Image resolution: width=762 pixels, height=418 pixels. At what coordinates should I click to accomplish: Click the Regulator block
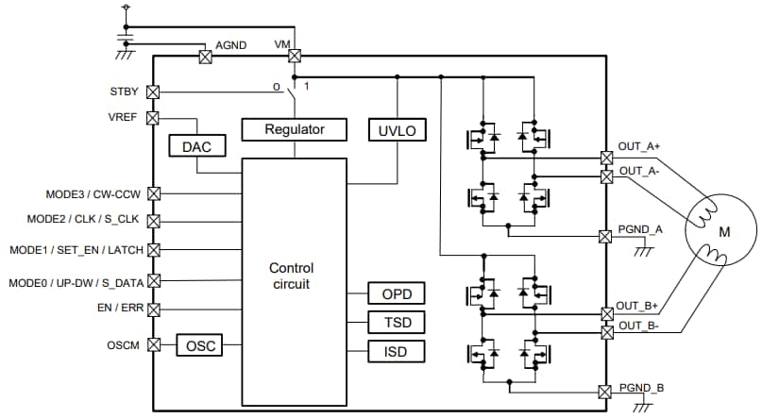[294, 129]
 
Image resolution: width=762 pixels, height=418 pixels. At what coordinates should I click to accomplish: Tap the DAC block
[195, 146]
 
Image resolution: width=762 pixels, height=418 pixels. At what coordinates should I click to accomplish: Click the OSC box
[199, 345]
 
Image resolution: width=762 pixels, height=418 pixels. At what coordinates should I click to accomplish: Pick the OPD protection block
[397, 293]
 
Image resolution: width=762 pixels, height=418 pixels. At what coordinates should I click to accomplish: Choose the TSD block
[397, 323]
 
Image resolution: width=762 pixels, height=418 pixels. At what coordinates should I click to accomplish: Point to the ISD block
[397, 353]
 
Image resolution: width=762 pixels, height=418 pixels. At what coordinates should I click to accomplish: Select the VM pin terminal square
[295, 56]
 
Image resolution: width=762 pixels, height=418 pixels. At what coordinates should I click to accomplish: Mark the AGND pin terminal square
[204, 56]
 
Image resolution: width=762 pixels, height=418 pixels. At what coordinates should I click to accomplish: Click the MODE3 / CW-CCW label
[93, 193]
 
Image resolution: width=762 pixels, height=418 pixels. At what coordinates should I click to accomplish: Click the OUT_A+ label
[639, 146]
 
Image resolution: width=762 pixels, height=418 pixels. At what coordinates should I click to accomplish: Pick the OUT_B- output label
[639, 326]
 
